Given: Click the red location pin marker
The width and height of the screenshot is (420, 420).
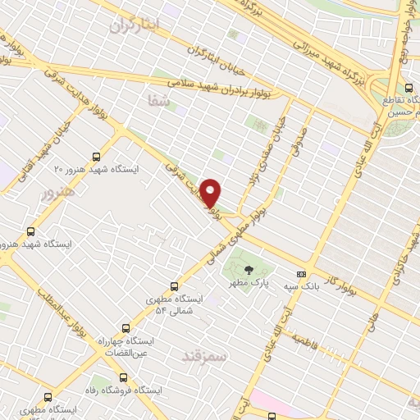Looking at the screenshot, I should (211, 193).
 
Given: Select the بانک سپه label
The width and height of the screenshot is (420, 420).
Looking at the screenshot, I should (301, 286).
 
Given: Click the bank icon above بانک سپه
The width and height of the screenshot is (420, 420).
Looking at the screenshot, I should (301, 274).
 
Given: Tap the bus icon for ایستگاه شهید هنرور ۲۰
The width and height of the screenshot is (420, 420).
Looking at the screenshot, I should (97, 157).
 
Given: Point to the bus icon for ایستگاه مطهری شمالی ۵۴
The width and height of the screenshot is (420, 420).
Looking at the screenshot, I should (174, 286).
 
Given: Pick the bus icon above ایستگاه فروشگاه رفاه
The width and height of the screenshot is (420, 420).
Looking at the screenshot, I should (123, 378).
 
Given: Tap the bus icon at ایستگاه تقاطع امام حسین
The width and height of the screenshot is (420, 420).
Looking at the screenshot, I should (409, 89).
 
